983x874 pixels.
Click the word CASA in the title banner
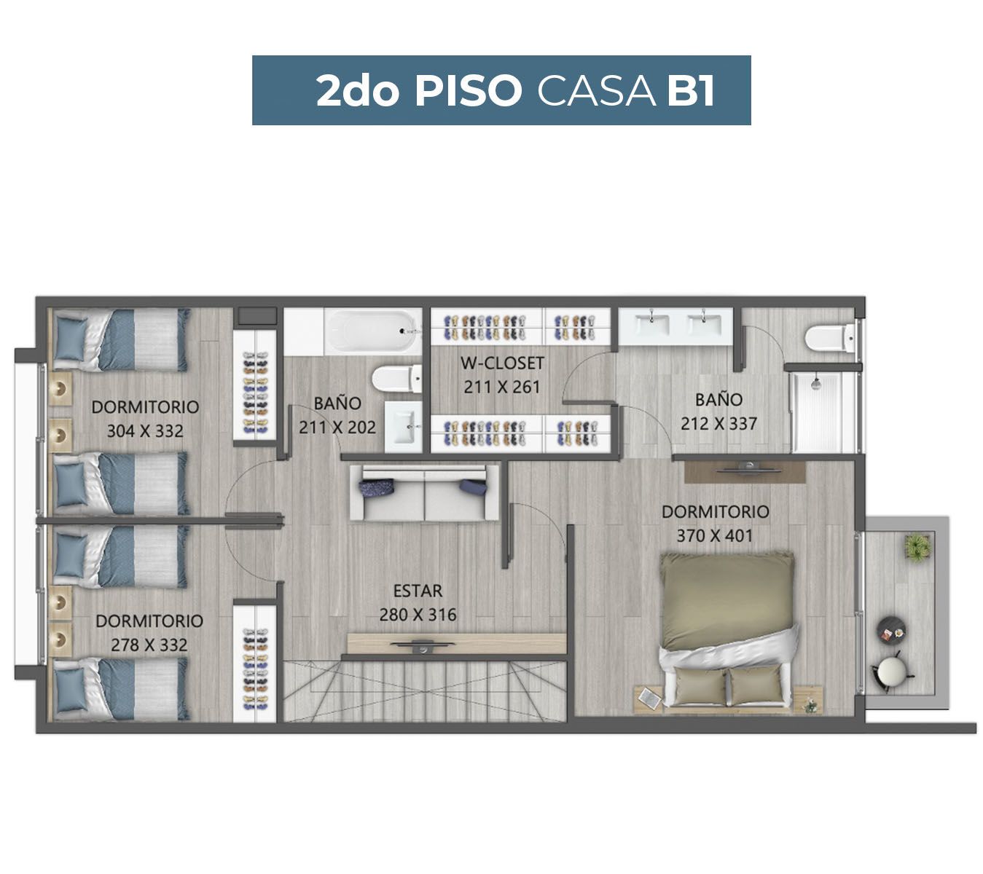coord(596,91)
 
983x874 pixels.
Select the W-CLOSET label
coord(501,363)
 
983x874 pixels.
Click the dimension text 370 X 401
coord(714,535)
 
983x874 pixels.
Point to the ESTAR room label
coord(418,591)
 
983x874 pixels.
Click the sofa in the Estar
coord(424,492)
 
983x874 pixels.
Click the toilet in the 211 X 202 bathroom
coord(397,378)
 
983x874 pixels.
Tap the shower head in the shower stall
coord(817,383)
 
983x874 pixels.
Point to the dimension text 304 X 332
coord(145,430)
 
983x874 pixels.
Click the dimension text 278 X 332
coord(149,645)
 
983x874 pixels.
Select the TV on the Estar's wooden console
coord(423,645)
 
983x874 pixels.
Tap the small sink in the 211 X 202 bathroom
coord(403,427)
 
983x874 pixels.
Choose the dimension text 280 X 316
coord(418,615)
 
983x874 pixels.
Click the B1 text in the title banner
coord(690,91)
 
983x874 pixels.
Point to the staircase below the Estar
coord(425,690)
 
